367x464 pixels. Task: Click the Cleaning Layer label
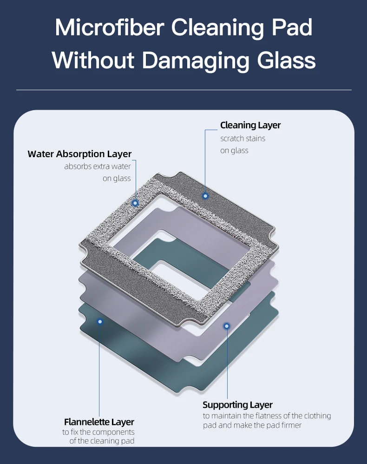coord(250,125)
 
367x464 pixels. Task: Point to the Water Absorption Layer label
coord(79,154)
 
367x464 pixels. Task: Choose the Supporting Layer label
coord(237,404)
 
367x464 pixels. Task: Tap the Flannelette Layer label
coord(99,422)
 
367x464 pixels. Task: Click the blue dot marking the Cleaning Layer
coord(206,196)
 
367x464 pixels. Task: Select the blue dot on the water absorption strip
coord(135,203)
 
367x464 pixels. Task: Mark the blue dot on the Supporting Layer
coord(227,326)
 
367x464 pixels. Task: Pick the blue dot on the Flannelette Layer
coord(99,321)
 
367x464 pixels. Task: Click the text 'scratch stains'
coord(242,138)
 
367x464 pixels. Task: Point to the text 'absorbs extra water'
coord(98,166)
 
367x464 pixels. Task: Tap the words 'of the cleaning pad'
coord(102,440)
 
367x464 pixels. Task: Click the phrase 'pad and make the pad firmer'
coord(252,425)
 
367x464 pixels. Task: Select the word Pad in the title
coord(292,28)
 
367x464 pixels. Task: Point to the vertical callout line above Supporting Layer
coord(227,363)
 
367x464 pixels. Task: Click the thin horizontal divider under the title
coord(183,90)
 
